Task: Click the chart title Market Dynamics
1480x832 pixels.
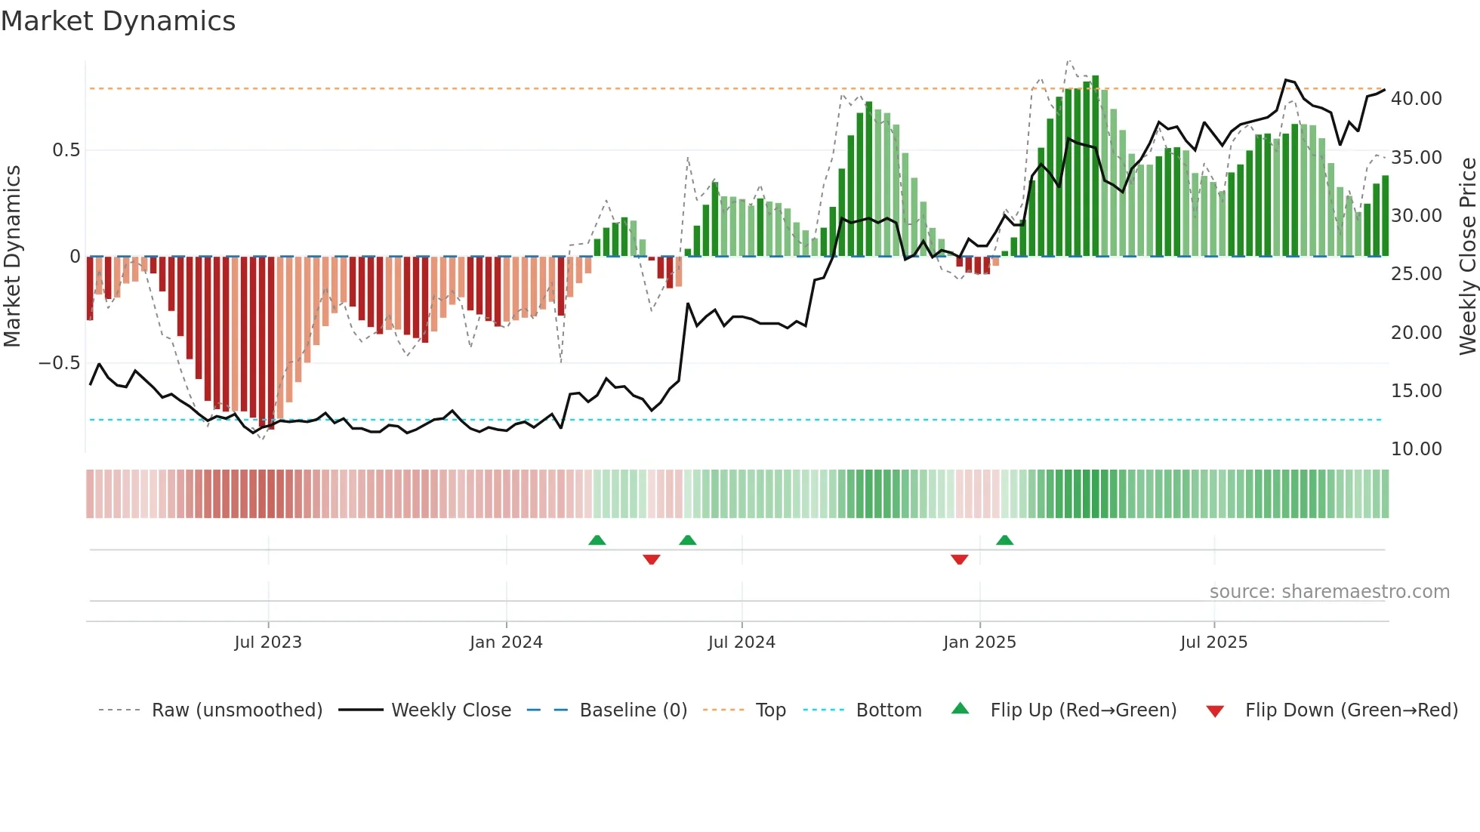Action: pos(119,21)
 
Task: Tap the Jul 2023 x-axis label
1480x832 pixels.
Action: pos(268,642)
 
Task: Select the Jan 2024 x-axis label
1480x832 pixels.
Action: pos(506,642)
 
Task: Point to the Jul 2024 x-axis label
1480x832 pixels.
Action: pos(742,642)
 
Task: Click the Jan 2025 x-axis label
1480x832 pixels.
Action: pos(979,642)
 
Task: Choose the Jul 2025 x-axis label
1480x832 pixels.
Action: pos(1214,642)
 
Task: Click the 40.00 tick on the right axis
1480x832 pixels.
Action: pos(1416,99)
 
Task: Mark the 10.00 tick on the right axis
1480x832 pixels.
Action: pos(1416,449)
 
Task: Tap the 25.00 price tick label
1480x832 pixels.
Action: pos(1416,274)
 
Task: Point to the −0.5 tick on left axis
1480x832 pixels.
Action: pos(59,363)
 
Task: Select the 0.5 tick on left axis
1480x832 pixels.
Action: pos(66,150)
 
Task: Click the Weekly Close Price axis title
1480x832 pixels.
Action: pos(1467,257)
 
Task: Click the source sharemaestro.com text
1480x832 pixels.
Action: pos(1329,592)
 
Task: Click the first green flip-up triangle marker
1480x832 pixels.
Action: pos(597,540)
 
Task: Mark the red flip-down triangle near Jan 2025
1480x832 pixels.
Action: pos(960,559)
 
